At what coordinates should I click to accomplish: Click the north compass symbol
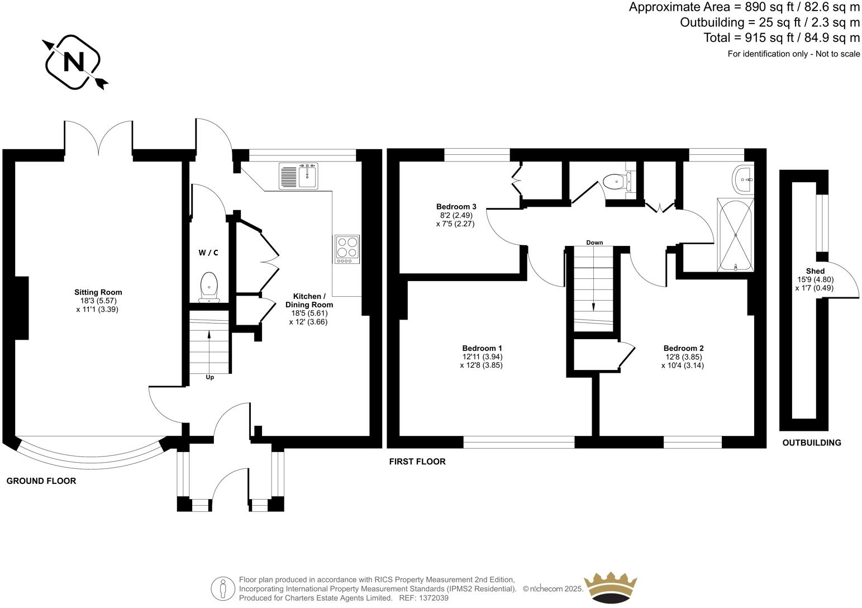(73, 61)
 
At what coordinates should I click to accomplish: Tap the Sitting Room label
(98, 292)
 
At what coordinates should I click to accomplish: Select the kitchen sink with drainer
(298, 176)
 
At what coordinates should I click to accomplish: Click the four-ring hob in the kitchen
(347, 249)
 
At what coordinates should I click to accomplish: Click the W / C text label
(208, 253)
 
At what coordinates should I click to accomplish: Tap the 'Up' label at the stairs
(210, 377)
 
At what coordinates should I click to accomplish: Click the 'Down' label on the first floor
(594, 243)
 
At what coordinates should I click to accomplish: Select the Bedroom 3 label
(456, 207)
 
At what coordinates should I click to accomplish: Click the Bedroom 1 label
(482, 348)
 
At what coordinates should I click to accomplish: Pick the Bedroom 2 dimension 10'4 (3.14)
(682, 365)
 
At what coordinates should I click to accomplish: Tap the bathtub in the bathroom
(735, 235)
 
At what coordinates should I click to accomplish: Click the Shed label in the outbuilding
(815, 271)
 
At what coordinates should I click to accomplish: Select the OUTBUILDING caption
(811, 443)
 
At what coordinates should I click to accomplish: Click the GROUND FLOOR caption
(41, 481)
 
